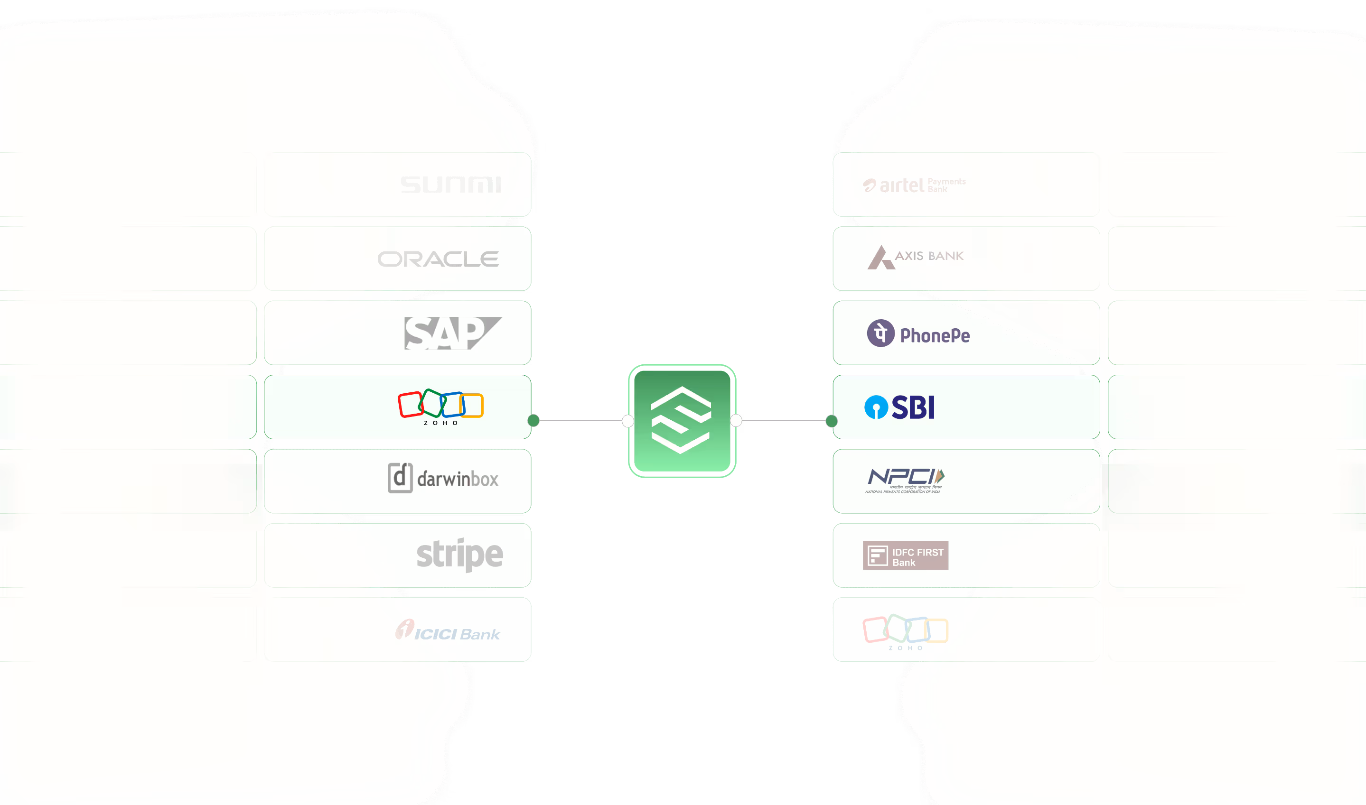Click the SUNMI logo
(x=450, y=185)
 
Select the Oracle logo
(x=438, y=259)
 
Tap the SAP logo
(x=452, y=333)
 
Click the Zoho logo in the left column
(x=440, y=407)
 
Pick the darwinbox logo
(x=443, y=478)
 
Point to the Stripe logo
(x=459, y=555)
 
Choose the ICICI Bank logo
(x=448, y=630)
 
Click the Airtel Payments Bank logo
(x=914, y=185)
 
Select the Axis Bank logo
(x=916, y=257)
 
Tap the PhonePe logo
(x=918, y=333)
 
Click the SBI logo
(x=899, y=407)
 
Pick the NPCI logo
(x=905, y=480)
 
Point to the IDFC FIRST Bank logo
(x=905, y=555)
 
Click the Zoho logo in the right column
(x=905, y=631)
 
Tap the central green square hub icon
(x=682, y=420)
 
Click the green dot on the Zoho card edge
(x=533, y=420)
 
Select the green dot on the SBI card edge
(x=832, y=421)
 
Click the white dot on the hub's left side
(x=628, y=421)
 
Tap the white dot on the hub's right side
(x=736, y=420)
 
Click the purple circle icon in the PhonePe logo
(x=880, y=333)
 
